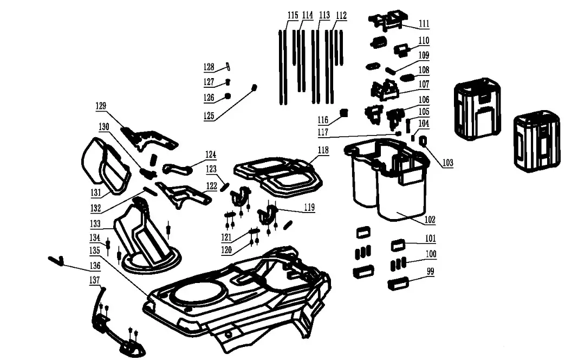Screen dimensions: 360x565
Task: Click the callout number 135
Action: pos(95,250)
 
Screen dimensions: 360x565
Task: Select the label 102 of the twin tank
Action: pos(430,221)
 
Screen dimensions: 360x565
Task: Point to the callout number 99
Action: pos(431,272)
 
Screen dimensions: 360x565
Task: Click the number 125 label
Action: pos(209,115)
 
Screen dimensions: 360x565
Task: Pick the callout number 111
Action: pos(424,24)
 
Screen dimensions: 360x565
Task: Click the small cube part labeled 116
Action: pos(342,113)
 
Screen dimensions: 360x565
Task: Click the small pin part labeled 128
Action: pos(228,67)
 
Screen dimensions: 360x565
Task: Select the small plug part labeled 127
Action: pos(228,82)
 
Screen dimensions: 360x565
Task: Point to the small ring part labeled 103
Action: pos(423,142)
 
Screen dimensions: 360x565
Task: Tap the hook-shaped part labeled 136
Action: pos(56,260)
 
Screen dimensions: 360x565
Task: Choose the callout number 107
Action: pos(424,85)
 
